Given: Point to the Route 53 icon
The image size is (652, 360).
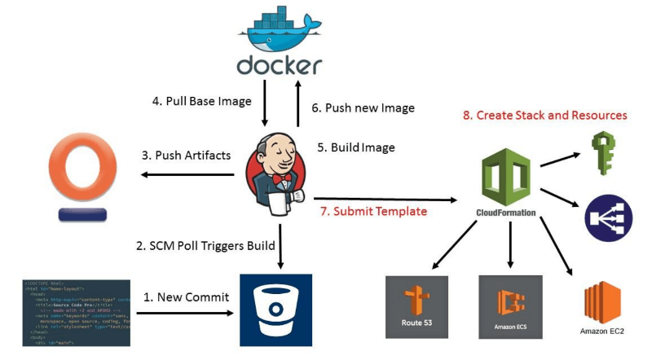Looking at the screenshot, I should pyautogui.click(x=416, y=306).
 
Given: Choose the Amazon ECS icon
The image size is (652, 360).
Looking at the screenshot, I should pyautogui.click(x=510, y=306).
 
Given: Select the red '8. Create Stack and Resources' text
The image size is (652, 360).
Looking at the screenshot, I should pyautogui.click(x=544, y=116).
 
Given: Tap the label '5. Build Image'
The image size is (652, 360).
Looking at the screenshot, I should pyautogui.click(x=355, y=147).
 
